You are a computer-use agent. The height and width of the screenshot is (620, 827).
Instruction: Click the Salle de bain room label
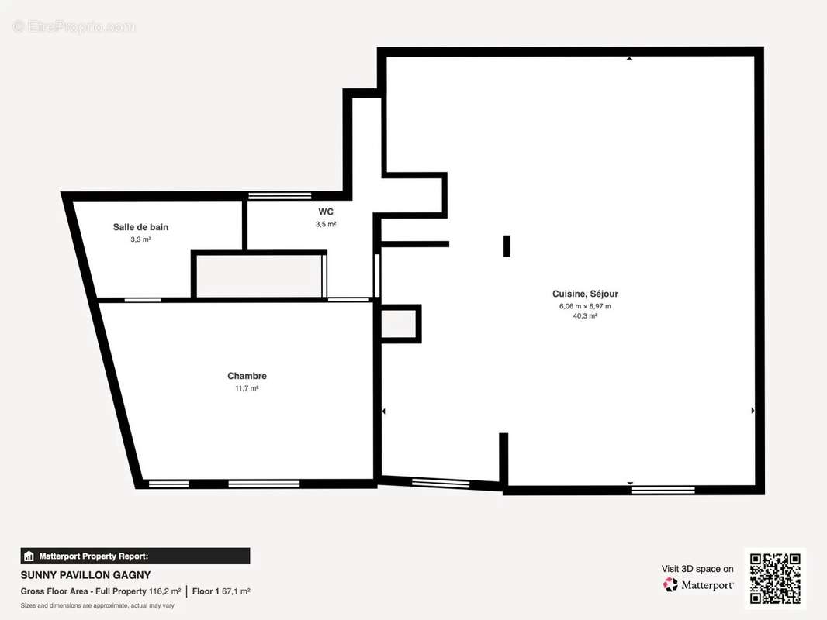click(x=140, y=227)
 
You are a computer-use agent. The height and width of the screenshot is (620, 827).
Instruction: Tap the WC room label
click(x=325, y=212)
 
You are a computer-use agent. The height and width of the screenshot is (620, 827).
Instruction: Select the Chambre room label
click(x=247, y=376)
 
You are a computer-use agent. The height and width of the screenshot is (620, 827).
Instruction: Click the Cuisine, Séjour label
click(x=585, y=294)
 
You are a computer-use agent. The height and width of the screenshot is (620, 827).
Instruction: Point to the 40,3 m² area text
click(x=585, y=316)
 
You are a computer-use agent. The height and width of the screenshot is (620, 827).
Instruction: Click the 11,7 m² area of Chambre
click(x=247, y=388)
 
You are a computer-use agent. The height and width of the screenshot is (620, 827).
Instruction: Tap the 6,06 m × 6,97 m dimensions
click(x=585, y=306)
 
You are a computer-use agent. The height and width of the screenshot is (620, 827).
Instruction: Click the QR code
click(x=775, y=578)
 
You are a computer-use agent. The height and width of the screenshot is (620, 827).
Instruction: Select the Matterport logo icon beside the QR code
click(x=670, y=584)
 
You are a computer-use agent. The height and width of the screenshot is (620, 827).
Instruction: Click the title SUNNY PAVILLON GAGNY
click(x=85, y=575)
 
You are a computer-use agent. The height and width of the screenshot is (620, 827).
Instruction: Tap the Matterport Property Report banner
click(x=135, y=556)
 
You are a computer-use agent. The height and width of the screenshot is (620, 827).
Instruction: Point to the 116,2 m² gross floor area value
click(x=164, y=591)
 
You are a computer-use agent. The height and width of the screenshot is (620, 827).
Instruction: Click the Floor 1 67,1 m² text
click(x=221, y=591)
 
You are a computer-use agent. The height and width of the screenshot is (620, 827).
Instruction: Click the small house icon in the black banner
click(x=29, y=556)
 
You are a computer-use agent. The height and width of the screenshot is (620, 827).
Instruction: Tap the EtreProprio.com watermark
click(x=74, y=26)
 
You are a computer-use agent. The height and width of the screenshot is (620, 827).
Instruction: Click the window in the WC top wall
click(x=279, y=196)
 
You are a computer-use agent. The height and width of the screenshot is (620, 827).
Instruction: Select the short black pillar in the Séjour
click(x=507, y=246)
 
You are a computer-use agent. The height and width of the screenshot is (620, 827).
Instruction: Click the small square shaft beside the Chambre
click(x=400, y=324)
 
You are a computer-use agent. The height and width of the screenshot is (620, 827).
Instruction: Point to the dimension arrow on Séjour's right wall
click(x=753, y=410)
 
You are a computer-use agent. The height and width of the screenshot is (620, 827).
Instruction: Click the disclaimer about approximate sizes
click(x=98, y=606)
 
